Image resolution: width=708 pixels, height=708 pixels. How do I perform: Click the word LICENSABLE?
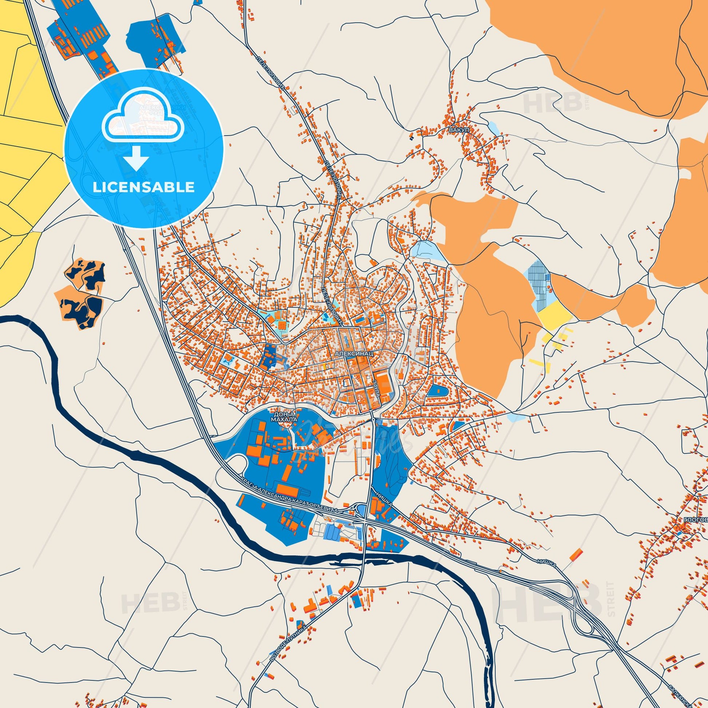pos(143,187)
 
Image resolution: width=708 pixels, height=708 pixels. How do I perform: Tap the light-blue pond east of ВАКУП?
pos(494,128)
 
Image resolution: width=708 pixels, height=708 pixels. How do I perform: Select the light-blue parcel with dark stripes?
pos(537,281)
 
